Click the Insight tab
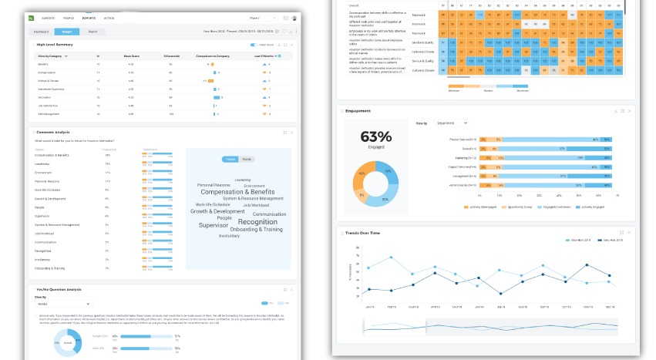(66, 32)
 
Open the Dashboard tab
(42, 32)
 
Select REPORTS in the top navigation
(89, 17)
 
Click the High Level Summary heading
(55, 45)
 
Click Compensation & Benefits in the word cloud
(237, 192)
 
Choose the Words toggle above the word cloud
(247, 159)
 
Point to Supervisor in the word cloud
(214, 225)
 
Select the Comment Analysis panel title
(53, 131)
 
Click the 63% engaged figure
(376, 136)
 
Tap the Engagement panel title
(358, 111)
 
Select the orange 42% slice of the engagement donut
(363, 174)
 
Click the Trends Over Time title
(365, 232)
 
